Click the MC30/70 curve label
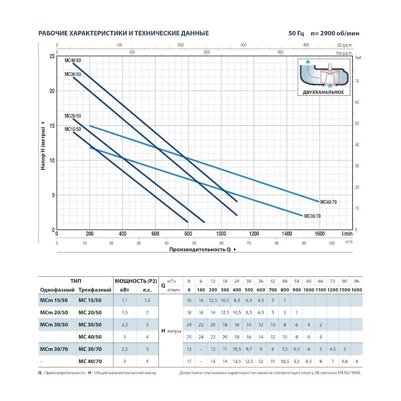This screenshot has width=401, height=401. (312, 216)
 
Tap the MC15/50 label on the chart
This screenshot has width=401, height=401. (73, 129)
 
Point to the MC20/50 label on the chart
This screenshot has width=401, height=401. (73, 116)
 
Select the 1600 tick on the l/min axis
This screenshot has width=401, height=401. (319, 234)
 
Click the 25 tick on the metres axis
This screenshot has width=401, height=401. (52, 56)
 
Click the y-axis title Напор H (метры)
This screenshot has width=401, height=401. (44, 145)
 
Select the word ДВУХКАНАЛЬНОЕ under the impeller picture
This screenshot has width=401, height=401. (323, 92)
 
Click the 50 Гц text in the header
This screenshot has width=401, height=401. (296, 34)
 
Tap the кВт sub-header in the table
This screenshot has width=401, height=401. (125, 291)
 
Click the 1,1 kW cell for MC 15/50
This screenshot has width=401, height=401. (125, 301)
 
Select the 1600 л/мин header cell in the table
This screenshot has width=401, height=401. (356, 291)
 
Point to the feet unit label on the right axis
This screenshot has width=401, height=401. (358, 58)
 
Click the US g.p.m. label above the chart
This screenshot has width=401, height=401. (345, 45)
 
